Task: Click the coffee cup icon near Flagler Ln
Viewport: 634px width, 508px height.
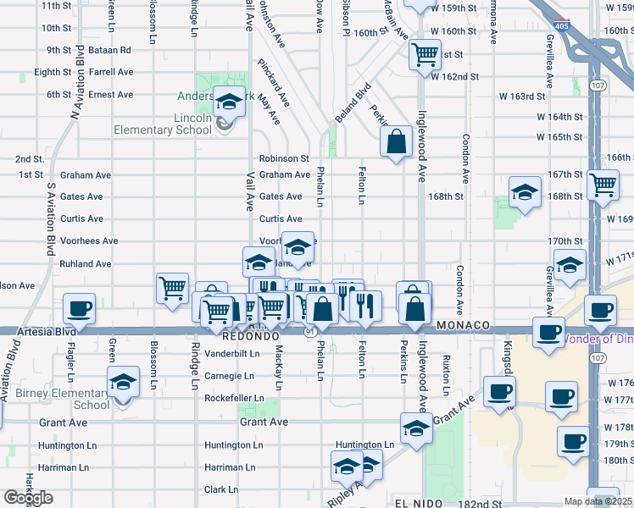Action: [x=81, y=308]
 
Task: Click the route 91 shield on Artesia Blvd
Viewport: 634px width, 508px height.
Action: [x=312, y=333]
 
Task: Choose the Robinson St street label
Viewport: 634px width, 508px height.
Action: [x=284, y=158]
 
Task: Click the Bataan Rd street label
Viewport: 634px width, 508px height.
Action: [x=113, y=50]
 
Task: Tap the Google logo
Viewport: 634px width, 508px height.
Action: [x=28, y=498]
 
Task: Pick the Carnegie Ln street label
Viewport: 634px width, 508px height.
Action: [x=229, y=375]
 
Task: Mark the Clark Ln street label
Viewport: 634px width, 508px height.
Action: [x=221, y=489]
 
